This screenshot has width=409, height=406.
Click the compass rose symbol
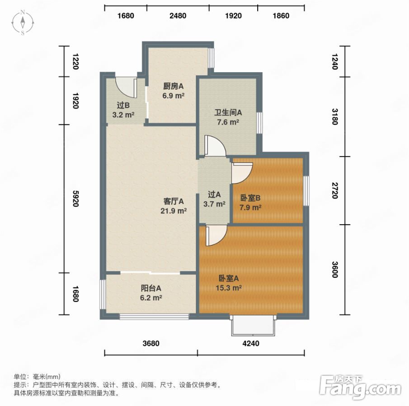23,23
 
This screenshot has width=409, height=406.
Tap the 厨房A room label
173,86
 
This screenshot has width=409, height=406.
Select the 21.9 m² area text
174,211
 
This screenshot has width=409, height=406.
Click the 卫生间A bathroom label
228,112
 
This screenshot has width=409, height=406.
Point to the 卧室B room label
250,198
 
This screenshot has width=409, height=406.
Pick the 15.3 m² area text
229,288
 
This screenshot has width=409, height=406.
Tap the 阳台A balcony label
151,288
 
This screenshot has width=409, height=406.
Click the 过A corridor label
214,194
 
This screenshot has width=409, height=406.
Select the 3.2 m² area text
123,115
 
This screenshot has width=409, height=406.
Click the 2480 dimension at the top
178,16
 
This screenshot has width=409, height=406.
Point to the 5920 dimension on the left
75,198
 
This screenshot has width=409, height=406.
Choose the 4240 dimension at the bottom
251,343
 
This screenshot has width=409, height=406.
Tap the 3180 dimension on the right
335,117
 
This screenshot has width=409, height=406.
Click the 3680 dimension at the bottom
151,343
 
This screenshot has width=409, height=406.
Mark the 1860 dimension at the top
281,16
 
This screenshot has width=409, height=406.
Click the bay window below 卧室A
253,326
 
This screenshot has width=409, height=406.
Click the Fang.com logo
360,387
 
